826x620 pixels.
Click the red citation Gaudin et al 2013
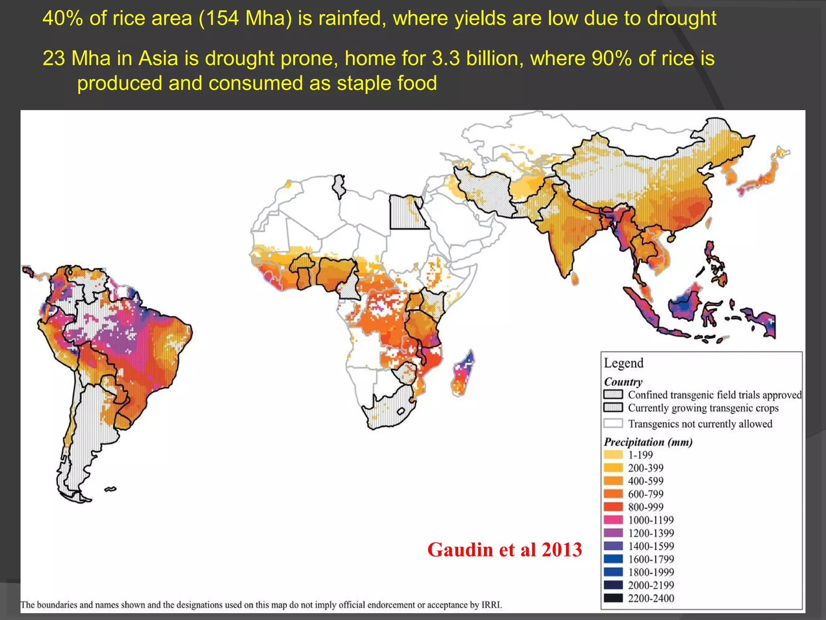(505, 550)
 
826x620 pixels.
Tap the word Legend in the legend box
(624, 363)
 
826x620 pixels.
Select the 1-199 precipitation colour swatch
(613, 455)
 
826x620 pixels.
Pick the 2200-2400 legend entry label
(651, 598)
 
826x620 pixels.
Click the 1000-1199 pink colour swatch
(613, 520)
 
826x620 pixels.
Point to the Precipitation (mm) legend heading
(648, 442)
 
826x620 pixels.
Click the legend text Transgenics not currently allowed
(700, 424)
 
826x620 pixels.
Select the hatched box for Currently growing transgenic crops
(613, 408)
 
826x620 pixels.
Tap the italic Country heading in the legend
(623, 382)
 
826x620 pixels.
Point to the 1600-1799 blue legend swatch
(613, 559)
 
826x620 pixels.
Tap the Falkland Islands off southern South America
(110, 489)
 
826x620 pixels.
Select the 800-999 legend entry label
(645, 507)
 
